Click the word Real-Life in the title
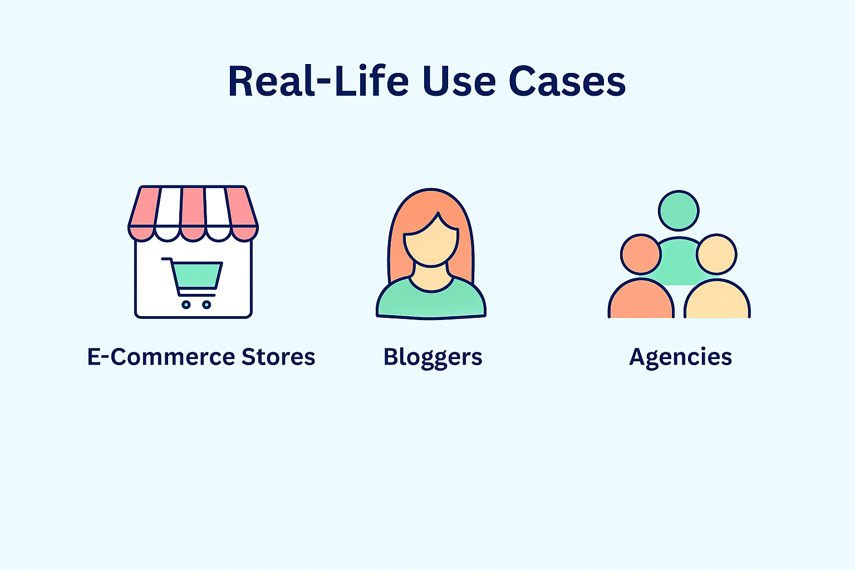coord(318,81)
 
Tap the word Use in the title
coord(460,81)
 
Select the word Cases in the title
coord(567,81)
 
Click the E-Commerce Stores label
coord(201,357)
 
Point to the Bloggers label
coord(433,358)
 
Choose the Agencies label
coord(681,358)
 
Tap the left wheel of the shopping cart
coord(186,304)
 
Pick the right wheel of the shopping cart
coord(207,304)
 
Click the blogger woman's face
coord(431,240)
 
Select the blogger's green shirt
coord(431,299)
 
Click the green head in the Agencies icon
coord(679,211)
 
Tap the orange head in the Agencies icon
coord(641,254)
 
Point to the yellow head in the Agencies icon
coord(716,254)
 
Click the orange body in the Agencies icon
coord(641,299)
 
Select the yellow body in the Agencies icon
coord(717,299)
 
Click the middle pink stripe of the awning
coord(193,214)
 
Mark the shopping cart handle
coord(166,259)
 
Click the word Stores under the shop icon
coord(278,357)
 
